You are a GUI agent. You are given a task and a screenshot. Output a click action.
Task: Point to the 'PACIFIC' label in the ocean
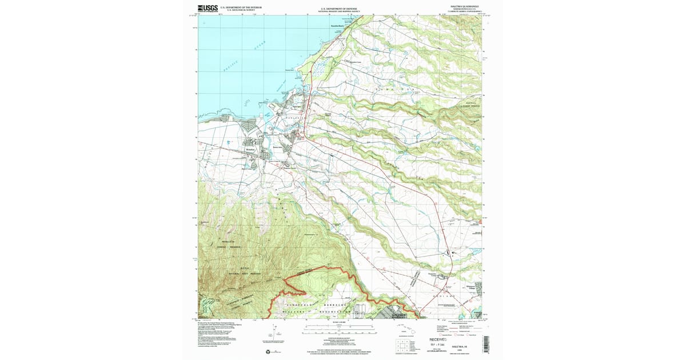[x=233, y=67]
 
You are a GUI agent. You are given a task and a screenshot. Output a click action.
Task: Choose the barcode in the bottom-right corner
[x=486, y=343]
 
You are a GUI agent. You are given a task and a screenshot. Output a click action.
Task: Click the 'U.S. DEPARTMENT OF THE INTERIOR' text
[x=241, y=7]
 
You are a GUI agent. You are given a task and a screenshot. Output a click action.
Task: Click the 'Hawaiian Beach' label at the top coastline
[x=338, y=26]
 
